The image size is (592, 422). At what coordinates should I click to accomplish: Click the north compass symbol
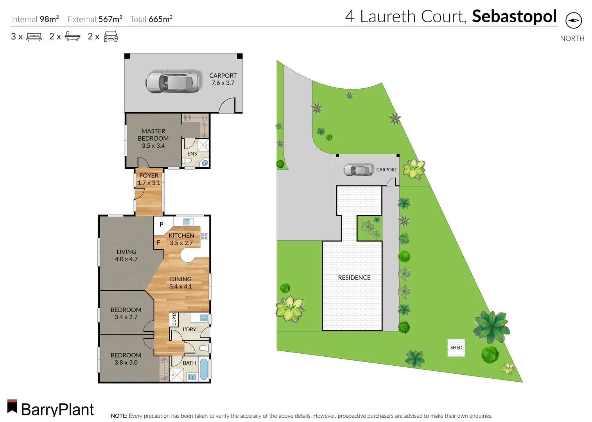click(573, 20)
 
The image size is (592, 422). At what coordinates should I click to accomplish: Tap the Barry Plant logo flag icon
click(12, 406)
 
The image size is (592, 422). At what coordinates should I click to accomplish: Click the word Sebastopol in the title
click(514, 16)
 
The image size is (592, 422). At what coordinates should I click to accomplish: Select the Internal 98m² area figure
click(35, 19)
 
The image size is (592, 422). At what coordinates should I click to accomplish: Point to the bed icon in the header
click(34, 37)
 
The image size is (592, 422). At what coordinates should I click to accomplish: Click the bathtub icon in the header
click(72, 37)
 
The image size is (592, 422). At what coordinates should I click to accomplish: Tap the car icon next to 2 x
click(111, 37)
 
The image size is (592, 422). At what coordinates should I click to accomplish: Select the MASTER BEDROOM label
click(153, 138)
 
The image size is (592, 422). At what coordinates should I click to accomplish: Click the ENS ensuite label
click(192, 154)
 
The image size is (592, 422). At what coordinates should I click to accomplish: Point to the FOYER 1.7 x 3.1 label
click(149, 179)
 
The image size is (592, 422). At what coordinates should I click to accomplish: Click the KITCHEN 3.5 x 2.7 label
click(181, 239)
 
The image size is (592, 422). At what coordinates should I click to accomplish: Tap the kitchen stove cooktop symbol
click(205, 236)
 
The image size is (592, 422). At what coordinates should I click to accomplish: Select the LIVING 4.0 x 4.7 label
click(126, 256)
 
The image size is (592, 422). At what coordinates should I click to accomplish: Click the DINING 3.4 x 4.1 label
click(181, 283)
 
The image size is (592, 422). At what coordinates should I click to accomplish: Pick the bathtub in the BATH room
click(204, 369)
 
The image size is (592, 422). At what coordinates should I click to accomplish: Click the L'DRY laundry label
click(189, 329)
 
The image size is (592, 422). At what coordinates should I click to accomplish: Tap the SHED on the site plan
click(456, 347)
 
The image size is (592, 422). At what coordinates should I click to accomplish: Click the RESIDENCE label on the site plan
click(354, 277)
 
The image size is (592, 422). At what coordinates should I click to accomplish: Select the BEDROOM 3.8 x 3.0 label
click(126, 359)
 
